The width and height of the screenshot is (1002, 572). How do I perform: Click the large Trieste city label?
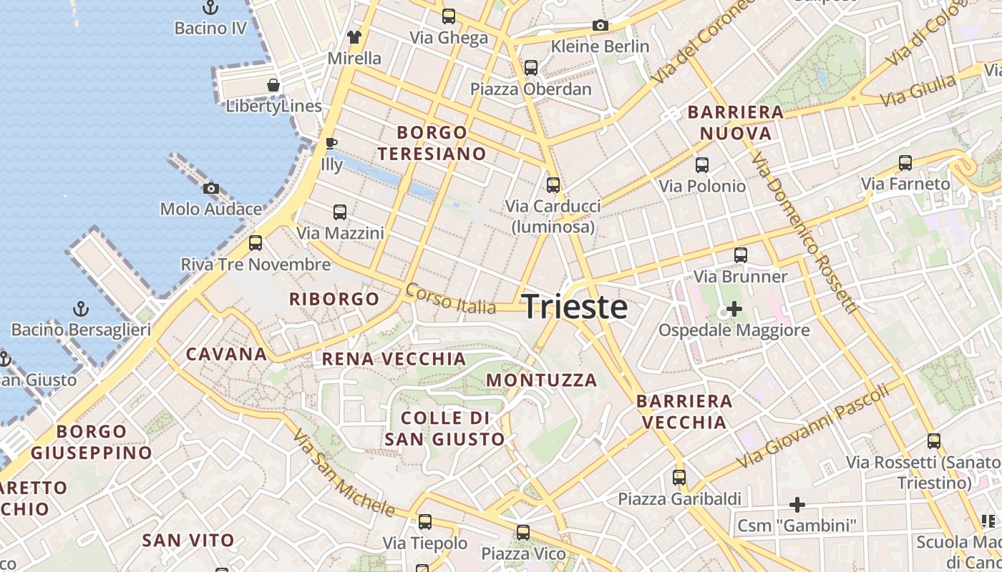[x=575, y=307]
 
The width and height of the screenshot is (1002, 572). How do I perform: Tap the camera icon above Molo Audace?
[x=211, y=189]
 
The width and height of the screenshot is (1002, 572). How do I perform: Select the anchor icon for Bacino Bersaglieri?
[x=81, y=310]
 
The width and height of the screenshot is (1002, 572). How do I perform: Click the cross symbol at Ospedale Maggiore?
[x=734, y=310]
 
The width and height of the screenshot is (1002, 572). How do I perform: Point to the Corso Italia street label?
[x=450, y=299]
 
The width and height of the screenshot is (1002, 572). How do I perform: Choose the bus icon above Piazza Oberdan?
[x=531, y=68]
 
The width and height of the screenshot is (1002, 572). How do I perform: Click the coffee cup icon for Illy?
[x=331, y=143]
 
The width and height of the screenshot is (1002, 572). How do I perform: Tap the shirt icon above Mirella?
[x=354, y=37]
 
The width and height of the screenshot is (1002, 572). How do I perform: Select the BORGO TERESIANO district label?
[x=432, y=143]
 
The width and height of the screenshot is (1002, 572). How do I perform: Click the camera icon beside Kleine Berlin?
[x=600, y=26]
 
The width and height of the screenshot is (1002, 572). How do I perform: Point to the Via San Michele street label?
[x=344, y=474]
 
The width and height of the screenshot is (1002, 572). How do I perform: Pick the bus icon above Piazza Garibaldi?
[x=678, y=478]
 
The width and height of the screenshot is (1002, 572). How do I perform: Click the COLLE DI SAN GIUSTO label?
[x=445, y=428]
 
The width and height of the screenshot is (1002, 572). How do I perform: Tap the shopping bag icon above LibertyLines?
[x=273, y=86]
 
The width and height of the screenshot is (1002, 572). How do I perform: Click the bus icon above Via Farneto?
[x=905, y=163]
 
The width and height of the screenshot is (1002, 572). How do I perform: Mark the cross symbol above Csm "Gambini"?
[x=797, y=505]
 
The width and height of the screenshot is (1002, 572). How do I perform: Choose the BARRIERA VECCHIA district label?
[x=684, y=411]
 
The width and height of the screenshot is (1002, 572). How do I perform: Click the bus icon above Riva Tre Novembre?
[x=256, y=243]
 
